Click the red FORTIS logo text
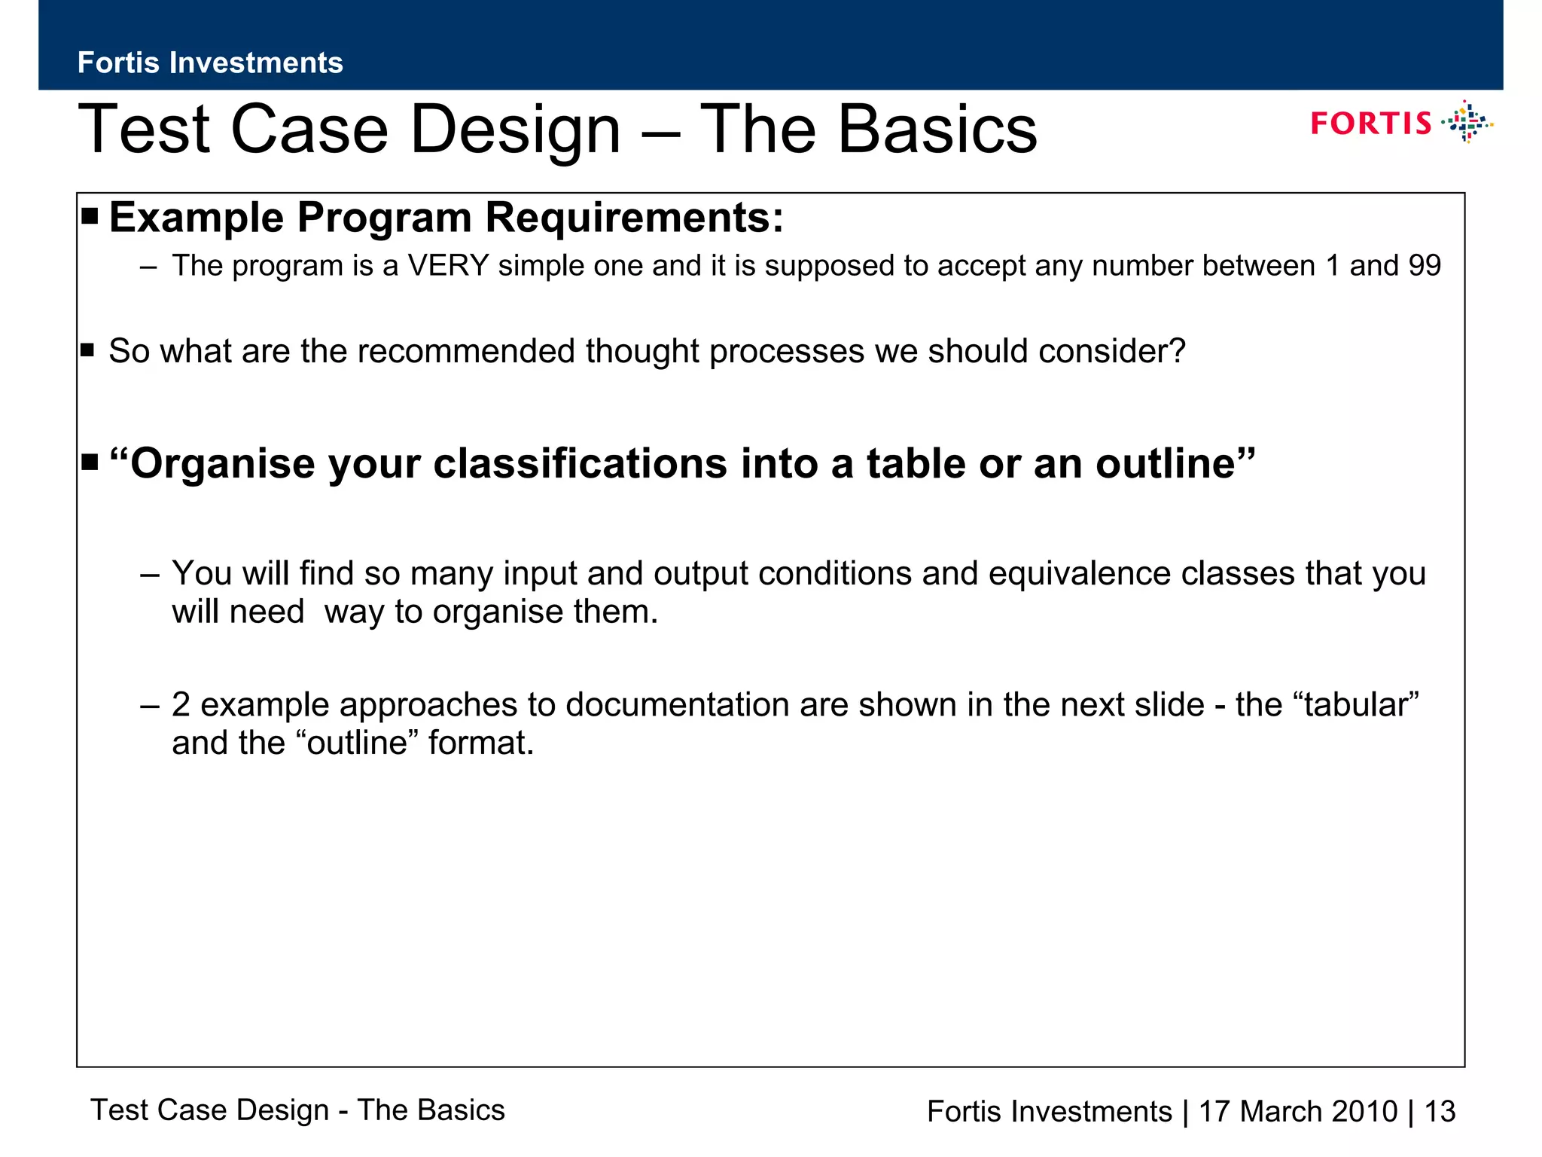[1370, 124]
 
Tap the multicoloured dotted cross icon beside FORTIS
[1467, 122]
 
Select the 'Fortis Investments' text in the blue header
[210, 63]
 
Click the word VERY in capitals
[449, 266]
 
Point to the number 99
[1424, 266]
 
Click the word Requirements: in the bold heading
[634, 218]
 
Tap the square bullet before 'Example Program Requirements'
[90, 217]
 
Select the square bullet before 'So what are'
[88, 350]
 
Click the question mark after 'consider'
[1178, 351]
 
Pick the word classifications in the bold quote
[580, 463]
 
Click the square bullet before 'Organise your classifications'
[90, 462]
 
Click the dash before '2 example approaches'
[150, 706]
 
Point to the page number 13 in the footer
[1440, 1112]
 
